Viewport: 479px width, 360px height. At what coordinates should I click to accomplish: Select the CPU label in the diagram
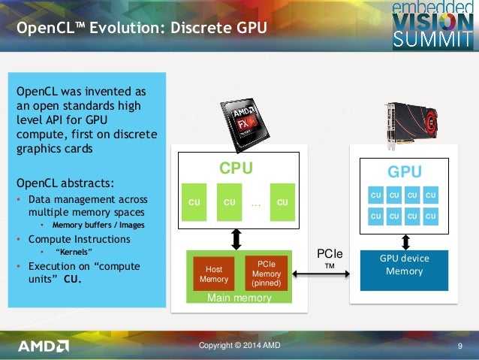click(x=235, y=168)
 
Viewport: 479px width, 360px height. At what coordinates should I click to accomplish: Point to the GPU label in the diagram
click(x=404, y=172)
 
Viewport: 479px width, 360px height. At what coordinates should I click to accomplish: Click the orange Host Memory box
click(x=214, y=274)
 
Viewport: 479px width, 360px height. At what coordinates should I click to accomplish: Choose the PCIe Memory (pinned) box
click(x=267, y=274)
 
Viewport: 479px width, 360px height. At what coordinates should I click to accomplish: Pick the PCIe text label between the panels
click(x=329, y=255)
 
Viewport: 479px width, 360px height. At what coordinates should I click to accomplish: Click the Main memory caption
click(x=239, y=298)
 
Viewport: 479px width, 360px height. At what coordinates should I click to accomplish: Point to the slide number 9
click(x=458, y=346)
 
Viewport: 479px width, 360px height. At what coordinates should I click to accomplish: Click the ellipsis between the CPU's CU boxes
click(x=255, y=201)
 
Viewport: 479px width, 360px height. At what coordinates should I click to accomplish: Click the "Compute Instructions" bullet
click(x=79, y=239)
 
